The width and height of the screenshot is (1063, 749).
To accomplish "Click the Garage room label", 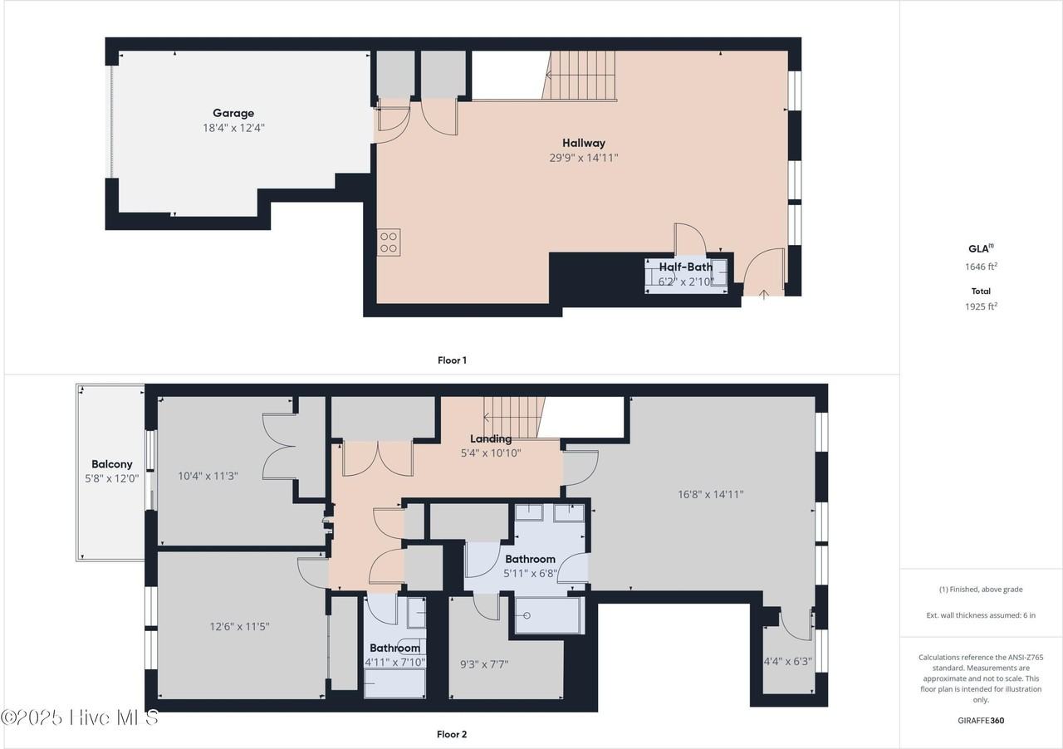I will tap(233, 113).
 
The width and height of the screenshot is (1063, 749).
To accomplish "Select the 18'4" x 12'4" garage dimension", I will tap(233, 128).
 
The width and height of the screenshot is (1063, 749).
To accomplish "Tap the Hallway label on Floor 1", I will tap(583, 143).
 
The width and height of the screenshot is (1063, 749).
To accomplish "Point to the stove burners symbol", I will tap(389, 242).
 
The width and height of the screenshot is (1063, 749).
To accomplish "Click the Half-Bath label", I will tap(685, 267).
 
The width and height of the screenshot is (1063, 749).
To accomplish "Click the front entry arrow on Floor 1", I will tap(764, 293).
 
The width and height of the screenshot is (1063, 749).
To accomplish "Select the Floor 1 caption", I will tap(452, 360).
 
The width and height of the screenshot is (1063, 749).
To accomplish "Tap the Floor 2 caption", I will tap(452, 734).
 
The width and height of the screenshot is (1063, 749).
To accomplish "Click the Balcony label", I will tap(111, 464).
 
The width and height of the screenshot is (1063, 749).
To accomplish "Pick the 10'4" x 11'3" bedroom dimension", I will tap(208, 476).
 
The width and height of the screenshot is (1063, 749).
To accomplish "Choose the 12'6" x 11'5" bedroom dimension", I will tap(239, 626).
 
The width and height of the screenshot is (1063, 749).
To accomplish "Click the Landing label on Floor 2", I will tap(491, 438).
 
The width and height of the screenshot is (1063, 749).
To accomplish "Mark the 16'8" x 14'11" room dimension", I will tap(710, 494).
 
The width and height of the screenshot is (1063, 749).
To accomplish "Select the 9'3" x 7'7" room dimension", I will tap(484, 664).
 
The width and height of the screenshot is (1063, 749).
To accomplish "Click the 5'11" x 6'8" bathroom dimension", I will tap(530, 573).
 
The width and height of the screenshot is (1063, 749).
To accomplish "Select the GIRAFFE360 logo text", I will tap(982, 721).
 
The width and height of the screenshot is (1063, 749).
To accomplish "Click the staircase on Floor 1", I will tap(581, 75).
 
